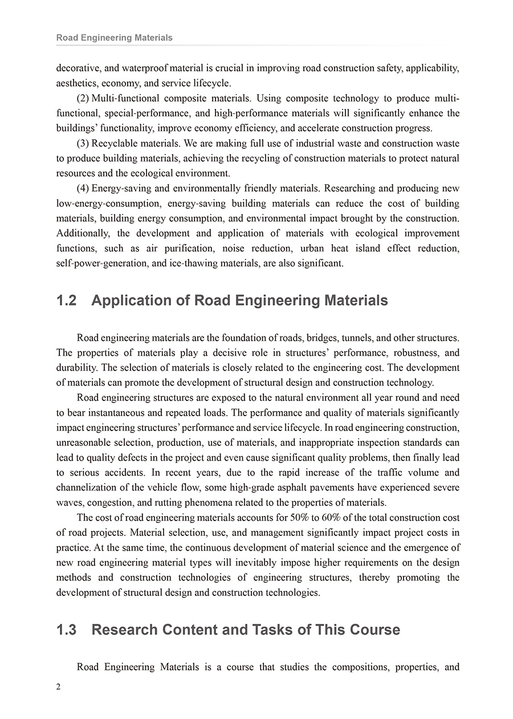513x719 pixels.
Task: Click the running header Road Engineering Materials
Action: (114, 38)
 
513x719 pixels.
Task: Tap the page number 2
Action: (59, 687)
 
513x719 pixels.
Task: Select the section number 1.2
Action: (67, 300)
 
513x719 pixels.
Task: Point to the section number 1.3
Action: (67, 629)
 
